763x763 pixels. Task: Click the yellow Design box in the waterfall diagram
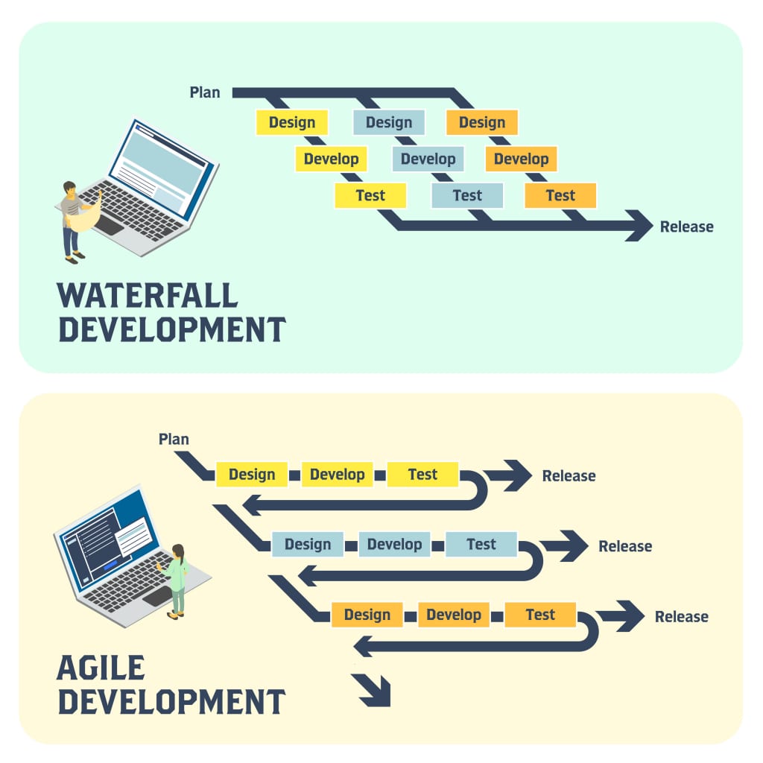click(292, 122)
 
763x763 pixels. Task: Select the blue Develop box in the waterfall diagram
click(428, 159)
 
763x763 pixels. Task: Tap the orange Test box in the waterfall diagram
click(560, 195)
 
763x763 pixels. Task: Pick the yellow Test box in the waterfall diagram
click(370, 195)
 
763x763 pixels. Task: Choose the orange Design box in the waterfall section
click(481, 122)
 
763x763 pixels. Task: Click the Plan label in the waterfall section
click(205, 92)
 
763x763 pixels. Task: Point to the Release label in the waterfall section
click(686, 227)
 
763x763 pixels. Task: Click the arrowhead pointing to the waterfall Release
click(639, 226)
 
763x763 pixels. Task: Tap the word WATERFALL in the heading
click(148, 296)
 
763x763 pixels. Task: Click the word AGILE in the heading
click(101, 668)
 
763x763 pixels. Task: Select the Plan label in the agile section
click(174, 439)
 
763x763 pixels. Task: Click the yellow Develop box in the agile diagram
click(337, 475)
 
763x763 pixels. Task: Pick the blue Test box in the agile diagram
click(481, 545)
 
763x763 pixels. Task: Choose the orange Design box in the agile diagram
click(367, 615)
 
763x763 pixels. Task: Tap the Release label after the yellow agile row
click(569, 476)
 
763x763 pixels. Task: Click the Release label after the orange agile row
click(681, 617)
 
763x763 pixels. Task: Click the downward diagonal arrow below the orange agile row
click(373, 689)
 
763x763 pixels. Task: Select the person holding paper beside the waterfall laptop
click(75, 221)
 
